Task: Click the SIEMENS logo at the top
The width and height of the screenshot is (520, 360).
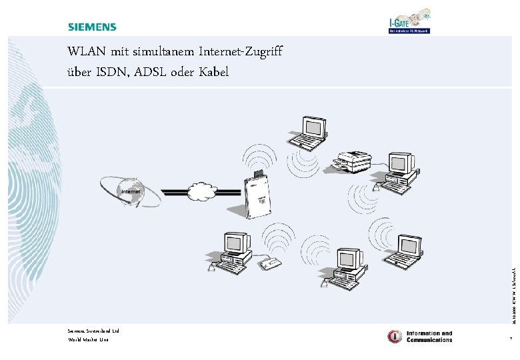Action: (92, 27)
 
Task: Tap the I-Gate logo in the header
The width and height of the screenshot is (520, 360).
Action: (409, 21)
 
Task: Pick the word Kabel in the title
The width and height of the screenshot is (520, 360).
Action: (213, 71)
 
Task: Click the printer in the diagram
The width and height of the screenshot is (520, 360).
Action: (353, 161)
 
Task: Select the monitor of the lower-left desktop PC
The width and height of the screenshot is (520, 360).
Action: (235, 242)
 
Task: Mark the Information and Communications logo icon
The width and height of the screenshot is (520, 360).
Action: (395, 337)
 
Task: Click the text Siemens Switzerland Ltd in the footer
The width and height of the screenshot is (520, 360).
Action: (93, 331)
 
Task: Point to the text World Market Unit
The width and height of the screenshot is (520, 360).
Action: (88, 340)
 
